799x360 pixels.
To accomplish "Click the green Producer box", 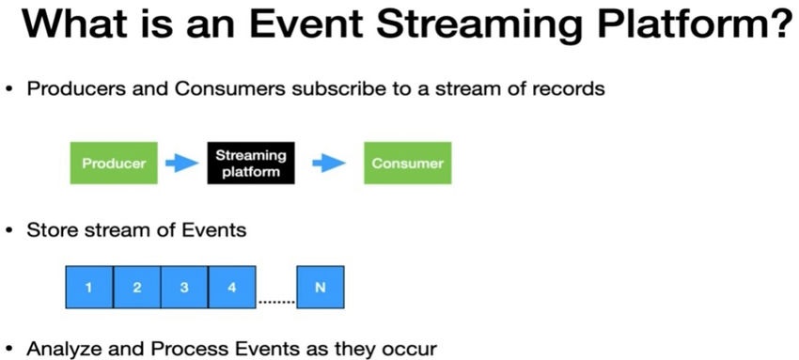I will click(114, 164).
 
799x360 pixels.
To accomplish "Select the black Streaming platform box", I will click(250, 164).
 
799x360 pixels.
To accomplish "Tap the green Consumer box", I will click(407, 164).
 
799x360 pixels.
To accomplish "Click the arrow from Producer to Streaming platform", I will click(181, 164).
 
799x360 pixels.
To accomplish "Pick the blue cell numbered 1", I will click(89, 288).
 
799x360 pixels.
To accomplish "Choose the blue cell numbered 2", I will click(136, 288).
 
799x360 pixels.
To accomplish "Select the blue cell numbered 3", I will click(184, 288).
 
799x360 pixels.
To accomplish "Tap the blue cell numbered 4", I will click(232, 288).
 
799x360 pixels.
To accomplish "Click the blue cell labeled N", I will click(320, 288).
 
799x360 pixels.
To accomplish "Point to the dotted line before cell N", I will click(276, 302).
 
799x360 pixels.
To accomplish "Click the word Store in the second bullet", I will click(51, 228).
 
